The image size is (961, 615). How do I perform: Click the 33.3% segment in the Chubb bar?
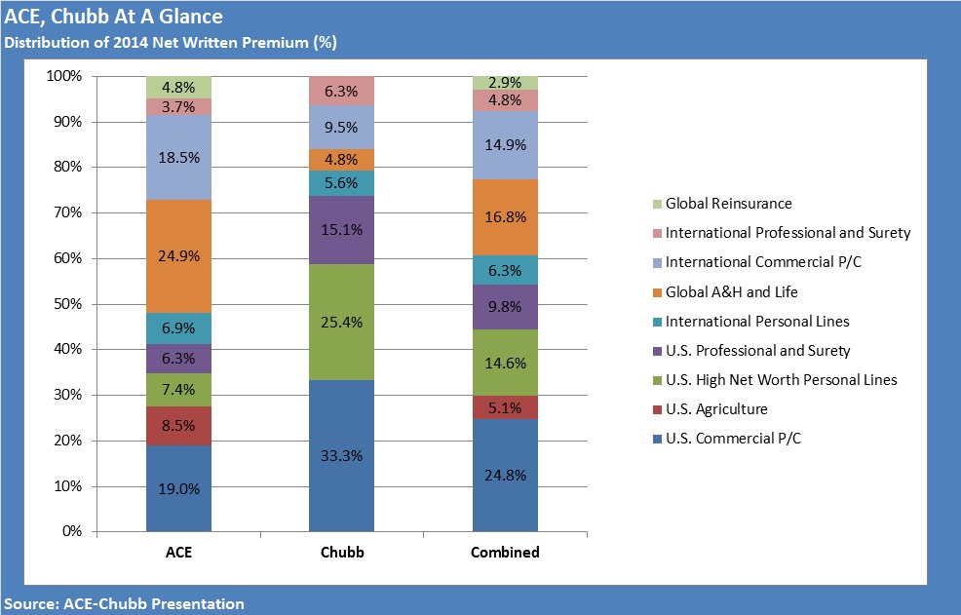(341, 455)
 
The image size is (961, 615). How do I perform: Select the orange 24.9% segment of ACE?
(179, 256)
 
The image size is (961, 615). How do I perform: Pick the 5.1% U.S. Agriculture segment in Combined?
(505, 407)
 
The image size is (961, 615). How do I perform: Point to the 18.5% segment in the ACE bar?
(179, 157)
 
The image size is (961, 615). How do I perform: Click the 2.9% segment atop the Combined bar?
(505, 83)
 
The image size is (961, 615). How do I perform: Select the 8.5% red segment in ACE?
(179, 426)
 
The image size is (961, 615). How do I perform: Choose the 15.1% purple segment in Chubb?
(341, 230)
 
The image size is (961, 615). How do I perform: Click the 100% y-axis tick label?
(63, 76)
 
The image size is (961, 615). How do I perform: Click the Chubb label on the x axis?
(341, 553)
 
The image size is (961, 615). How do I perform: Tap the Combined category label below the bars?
(505, 553)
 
